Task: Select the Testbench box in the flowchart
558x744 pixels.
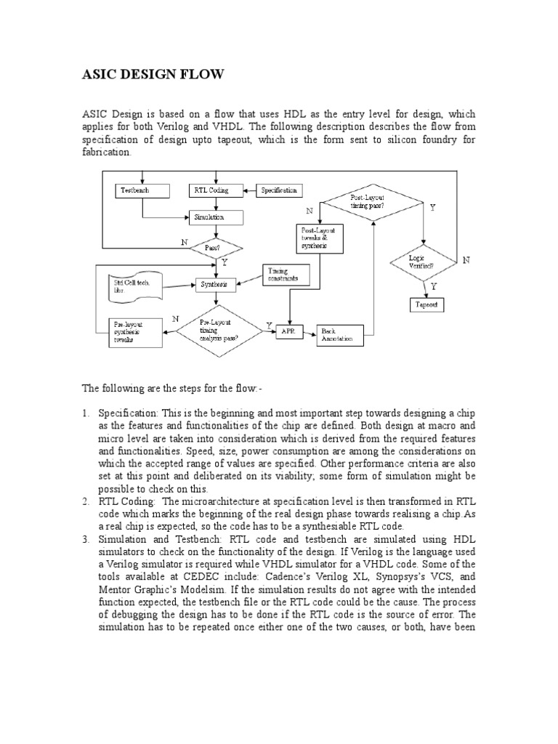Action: coord(142,190)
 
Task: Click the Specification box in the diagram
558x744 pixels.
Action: coord(280,190)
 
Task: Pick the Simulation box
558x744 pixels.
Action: coord(217,217)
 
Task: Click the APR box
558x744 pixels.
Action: coord(287,331)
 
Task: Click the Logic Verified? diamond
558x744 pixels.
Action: coord(423,262)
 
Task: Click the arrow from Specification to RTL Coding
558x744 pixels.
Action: coord(248,190)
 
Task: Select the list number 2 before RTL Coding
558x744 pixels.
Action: coord(86,501)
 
